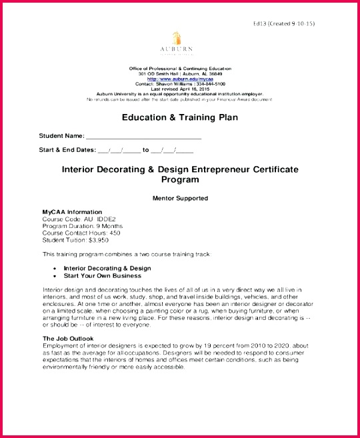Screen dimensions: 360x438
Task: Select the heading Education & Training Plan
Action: click(179, 117)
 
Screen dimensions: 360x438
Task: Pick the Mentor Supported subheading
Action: click(180, 198)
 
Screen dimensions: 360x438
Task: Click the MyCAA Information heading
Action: click(72, 212)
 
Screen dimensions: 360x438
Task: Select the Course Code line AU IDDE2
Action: click(79, 219)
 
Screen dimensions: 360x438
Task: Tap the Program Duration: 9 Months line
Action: click(82, 226)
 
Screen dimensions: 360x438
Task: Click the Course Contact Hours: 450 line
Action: click(81, 233)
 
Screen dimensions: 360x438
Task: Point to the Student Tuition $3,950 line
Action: click(75, 240)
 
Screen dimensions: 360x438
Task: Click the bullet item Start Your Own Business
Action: click(102, 275)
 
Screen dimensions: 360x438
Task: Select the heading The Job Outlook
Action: click(68, 339)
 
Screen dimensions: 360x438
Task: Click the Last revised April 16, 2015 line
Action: click(179, 89)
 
